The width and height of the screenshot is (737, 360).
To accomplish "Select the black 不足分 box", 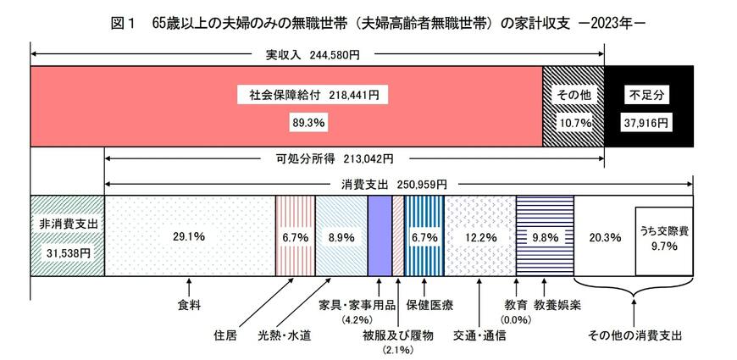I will [648, 106].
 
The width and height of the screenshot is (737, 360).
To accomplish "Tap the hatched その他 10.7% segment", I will [573, 106].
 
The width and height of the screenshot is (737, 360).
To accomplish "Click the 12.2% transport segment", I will [479, 236].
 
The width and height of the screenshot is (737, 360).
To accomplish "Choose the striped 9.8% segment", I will [545, 236].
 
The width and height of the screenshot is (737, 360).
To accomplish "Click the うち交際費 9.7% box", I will [663, 241].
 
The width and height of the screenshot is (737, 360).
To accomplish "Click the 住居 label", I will [224, 335].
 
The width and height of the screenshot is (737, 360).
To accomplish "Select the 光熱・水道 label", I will [285, 335].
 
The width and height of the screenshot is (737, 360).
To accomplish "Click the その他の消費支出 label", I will [635, 335].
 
